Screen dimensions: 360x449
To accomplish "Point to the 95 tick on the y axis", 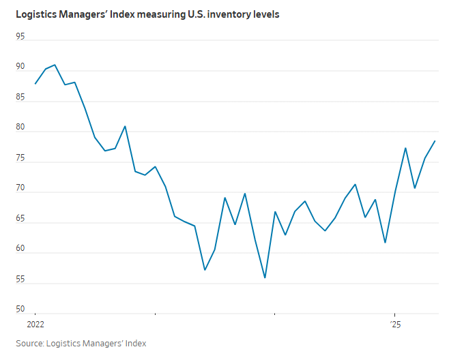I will coord(20,37).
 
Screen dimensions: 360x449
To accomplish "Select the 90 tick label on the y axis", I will coord(20,67).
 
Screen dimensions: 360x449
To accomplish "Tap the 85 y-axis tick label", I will coord(20,97).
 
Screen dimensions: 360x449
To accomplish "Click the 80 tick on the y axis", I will coord(20,127).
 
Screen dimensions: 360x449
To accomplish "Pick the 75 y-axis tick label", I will coord(20,157).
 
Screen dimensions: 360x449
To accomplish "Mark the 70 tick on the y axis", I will coord(20,187).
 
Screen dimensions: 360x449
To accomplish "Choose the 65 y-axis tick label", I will coord(20,218).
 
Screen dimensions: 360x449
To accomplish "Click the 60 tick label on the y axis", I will coord(20,248).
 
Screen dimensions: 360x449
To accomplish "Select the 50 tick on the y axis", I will coord(20,309).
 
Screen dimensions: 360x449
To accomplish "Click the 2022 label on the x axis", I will coord(35,324).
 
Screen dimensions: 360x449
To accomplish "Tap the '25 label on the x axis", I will coord(396,324).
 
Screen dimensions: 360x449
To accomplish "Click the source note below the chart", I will coord(81,343).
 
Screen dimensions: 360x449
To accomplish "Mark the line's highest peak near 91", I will coord(55,65).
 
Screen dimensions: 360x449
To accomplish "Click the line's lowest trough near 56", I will coord(265,277).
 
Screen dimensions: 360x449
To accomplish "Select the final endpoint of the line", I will coord(435,141).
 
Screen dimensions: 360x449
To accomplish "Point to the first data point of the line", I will coord(35,83).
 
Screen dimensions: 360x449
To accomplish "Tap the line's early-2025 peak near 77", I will coord(405,148).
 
